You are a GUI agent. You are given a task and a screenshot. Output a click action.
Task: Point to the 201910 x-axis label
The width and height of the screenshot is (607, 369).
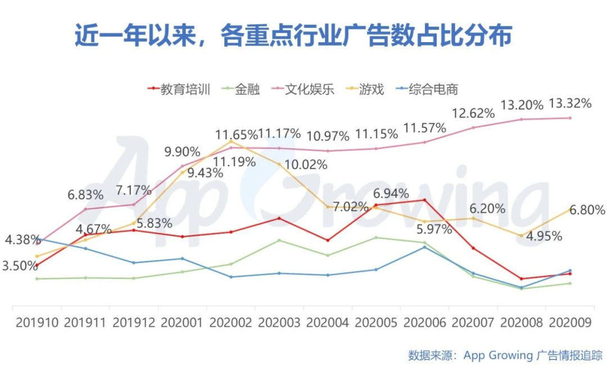coord(37,322)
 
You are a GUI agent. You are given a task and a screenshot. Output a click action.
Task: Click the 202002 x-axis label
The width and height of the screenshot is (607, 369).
coord(231,322)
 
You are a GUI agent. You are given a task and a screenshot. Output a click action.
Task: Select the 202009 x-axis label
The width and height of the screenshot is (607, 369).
coord(570,322)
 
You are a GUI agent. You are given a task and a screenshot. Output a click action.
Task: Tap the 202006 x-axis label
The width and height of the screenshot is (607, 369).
coord(424,322)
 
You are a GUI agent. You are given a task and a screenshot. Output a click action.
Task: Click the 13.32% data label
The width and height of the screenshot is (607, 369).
coord(570,103)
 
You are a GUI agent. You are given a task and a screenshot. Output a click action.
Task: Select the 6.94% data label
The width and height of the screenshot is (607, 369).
coord(392,194)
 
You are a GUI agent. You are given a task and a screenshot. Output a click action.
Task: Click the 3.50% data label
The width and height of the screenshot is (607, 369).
coord(20,266)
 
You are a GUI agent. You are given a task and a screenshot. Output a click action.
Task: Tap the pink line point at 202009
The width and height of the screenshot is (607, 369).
coord(570,118)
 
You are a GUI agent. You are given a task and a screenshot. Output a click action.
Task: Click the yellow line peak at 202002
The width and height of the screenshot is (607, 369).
coord(230,142)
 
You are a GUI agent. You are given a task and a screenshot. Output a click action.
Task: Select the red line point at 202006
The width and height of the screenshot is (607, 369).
coord(424,200)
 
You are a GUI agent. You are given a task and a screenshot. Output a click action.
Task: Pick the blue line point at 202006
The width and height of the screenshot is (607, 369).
coord(424,247)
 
